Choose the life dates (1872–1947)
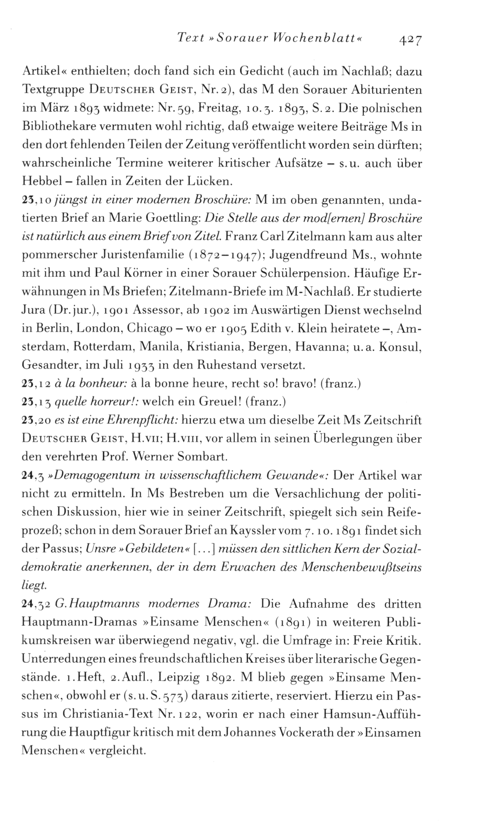tap(223, 256)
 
